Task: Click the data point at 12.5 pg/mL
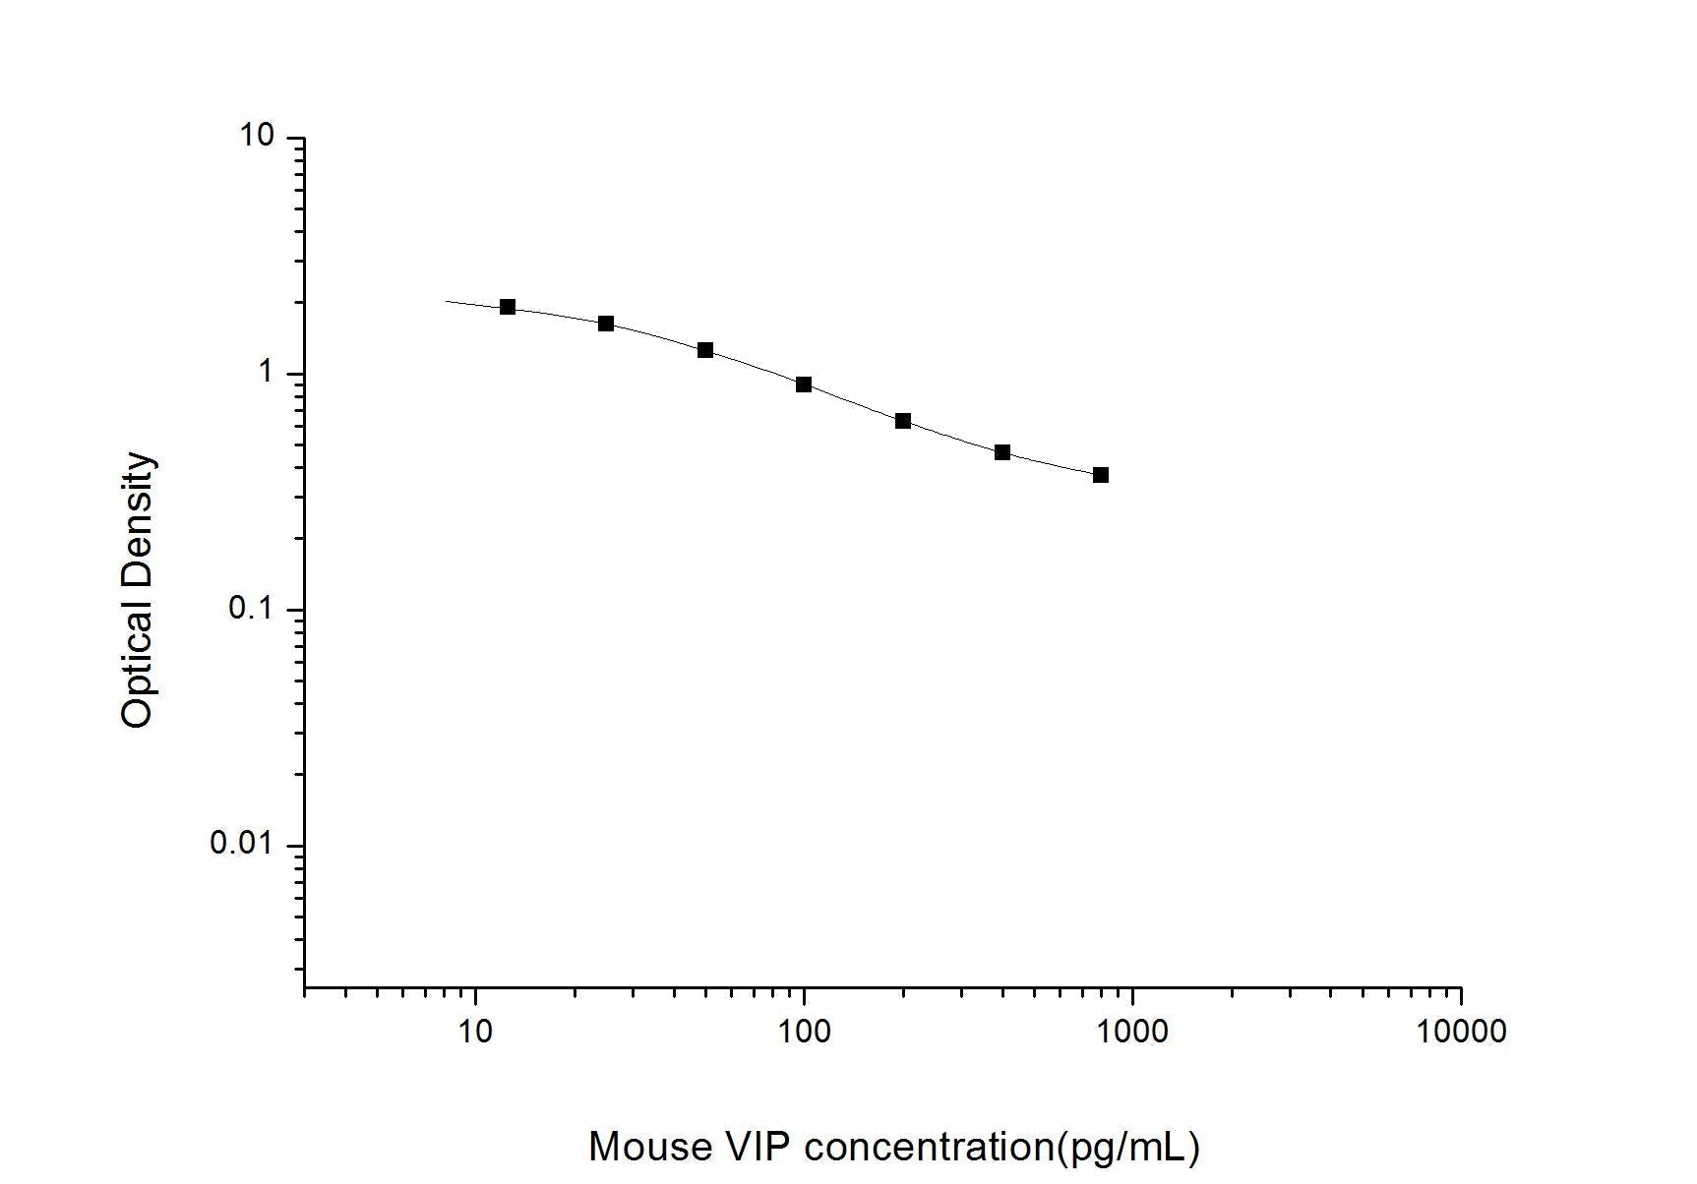[508, 307]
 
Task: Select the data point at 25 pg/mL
[606, 324]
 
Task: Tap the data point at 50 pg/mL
[705, 350]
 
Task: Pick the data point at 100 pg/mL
[804, 385]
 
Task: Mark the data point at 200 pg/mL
[903, 421]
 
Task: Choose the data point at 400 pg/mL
[1002, 452]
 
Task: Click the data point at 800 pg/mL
[1101, 475]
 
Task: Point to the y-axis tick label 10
[257, 136]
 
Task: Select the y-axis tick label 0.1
[251, 609]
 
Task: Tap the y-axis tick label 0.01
[243, 844]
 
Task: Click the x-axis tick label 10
[476, 1032]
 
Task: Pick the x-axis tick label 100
[805, 1032]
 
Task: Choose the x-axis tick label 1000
[1133, 1032]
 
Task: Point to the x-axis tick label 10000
[1461, 1032]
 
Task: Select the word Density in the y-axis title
[138, 517]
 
